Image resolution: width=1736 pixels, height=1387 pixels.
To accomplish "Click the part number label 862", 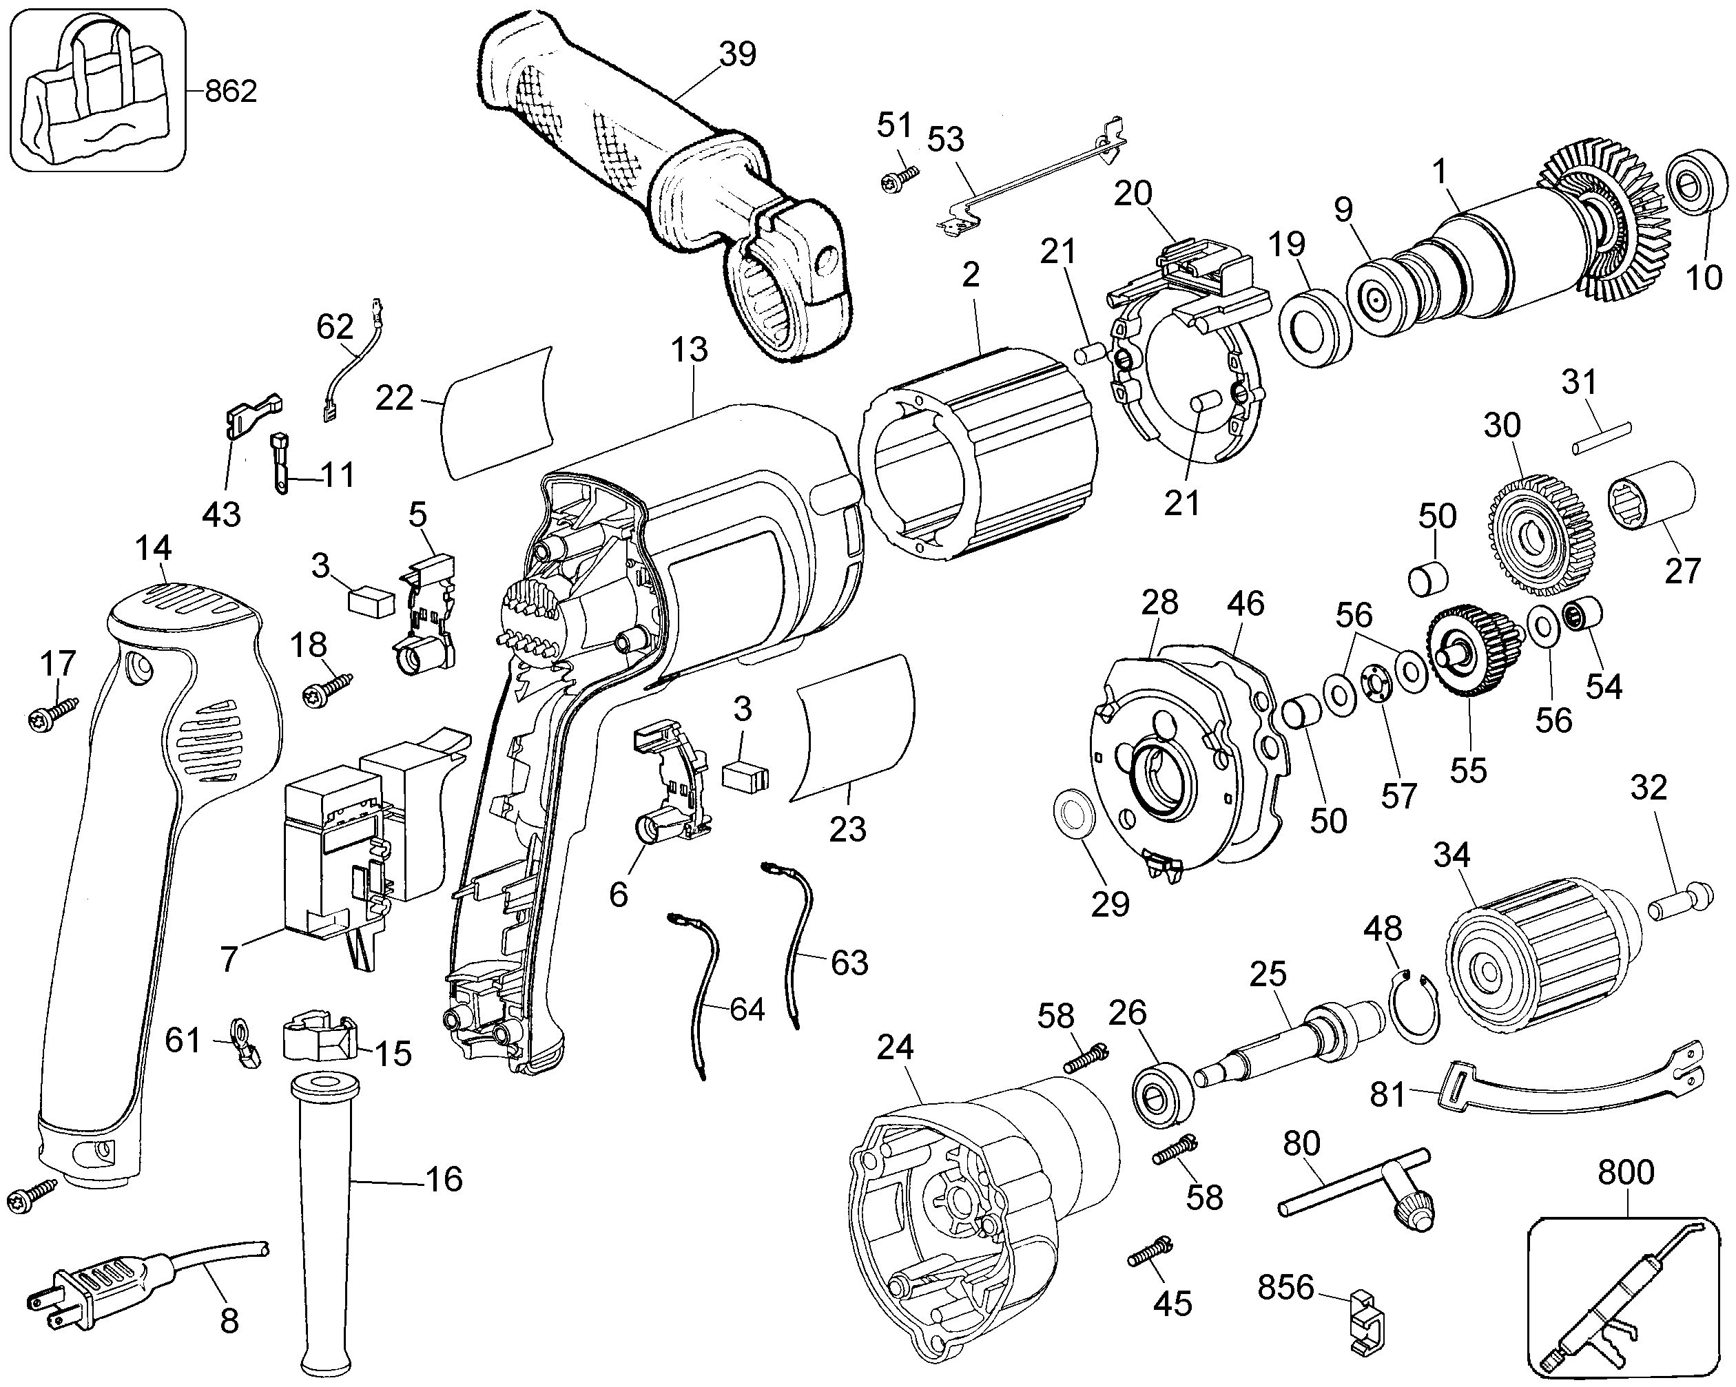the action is (x=231, y=91).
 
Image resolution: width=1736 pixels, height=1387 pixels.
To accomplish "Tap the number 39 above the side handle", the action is (x=738, y=54).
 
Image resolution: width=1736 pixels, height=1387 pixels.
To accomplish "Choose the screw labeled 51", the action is (x=898, y=177).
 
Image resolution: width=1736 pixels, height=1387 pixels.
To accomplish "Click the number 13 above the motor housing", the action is (x=690, y=349).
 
